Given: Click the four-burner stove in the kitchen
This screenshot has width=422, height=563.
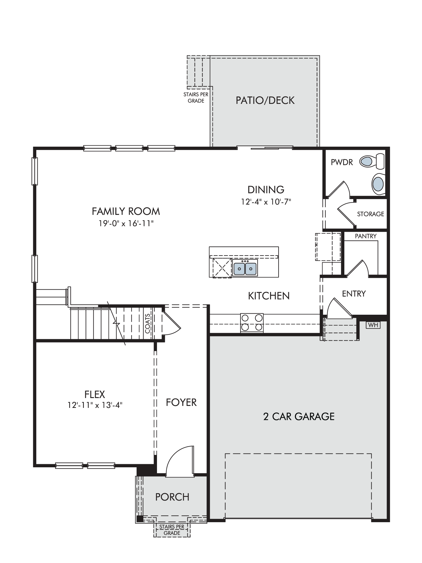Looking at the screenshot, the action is [x=252, y=323].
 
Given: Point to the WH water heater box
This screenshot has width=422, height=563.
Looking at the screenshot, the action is [x=373, y=325].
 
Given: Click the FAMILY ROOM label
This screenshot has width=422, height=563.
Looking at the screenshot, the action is [x=126, y=211].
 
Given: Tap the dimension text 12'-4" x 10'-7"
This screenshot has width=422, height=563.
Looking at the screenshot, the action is [x=266, y=202].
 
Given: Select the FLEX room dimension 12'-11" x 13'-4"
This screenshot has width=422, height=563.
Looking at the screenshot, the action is [x=95, y=405].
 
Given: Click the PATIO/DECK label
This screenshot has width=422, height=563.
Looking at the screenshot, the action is [x=265, y=100].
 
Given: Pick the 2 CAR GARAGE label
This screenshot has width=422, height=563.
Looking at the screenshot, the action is [x=299, y=416].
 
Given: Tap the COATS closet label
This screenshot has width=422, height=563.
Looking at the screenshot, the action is [x=148, y=323].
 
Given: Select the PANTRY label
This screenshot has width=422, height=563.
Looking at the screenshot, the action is [x=365, y=236].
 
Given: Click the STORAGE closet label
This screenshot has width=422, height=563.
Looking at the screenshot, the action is [x=371, y=214].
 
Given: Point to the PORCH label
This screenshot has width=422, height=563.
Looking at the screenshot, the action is [x=172, y=497].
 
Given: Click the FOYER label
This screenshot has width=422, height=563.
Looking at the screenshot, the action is [x=181, y=402].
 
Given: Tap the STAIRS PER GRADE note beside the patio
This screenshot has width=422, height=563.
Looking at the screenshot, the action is [x=196, y=97].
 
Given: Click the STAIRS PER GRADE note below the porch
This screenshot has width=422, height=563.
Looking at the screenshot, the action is [x=172, y=530].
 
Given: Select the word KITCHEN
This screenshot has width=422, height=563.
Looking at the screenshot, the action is [x=269, y=296].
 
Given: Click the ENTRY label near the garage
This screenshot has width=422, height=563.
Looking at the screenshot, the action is [x=354, y=294].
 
